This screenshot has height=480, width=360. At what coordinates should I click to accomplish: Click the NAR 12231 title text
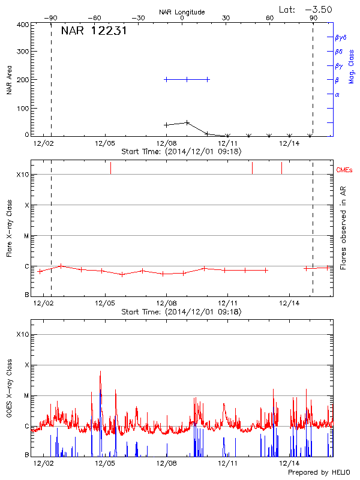point(94,32)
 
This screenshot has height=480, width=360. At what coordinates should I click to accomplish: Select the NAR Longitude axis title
point(182,12)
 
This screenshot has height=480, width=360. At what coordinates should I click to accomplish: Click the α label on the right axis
point(337,94)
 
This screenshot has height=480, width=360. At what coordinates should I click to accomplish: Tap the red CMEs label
point(345,170)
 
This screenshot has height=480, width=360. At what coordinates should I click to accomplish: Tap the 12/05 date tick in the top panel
point(105,143)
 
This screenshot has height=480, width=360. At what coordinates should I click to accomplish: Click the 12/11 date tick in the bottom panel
point(227,463)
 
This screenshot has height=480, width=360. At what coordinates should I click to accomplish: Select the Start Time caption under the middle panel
point(181,312)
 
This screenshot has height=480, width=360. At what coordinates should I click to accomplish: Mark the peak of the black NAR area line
point(187,122)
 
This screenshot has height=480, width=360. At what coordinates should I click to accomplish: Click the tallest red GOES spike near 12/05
point(100,371)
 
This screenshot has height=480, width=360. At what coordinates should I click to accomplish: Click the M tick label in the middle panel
point(26,236)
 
